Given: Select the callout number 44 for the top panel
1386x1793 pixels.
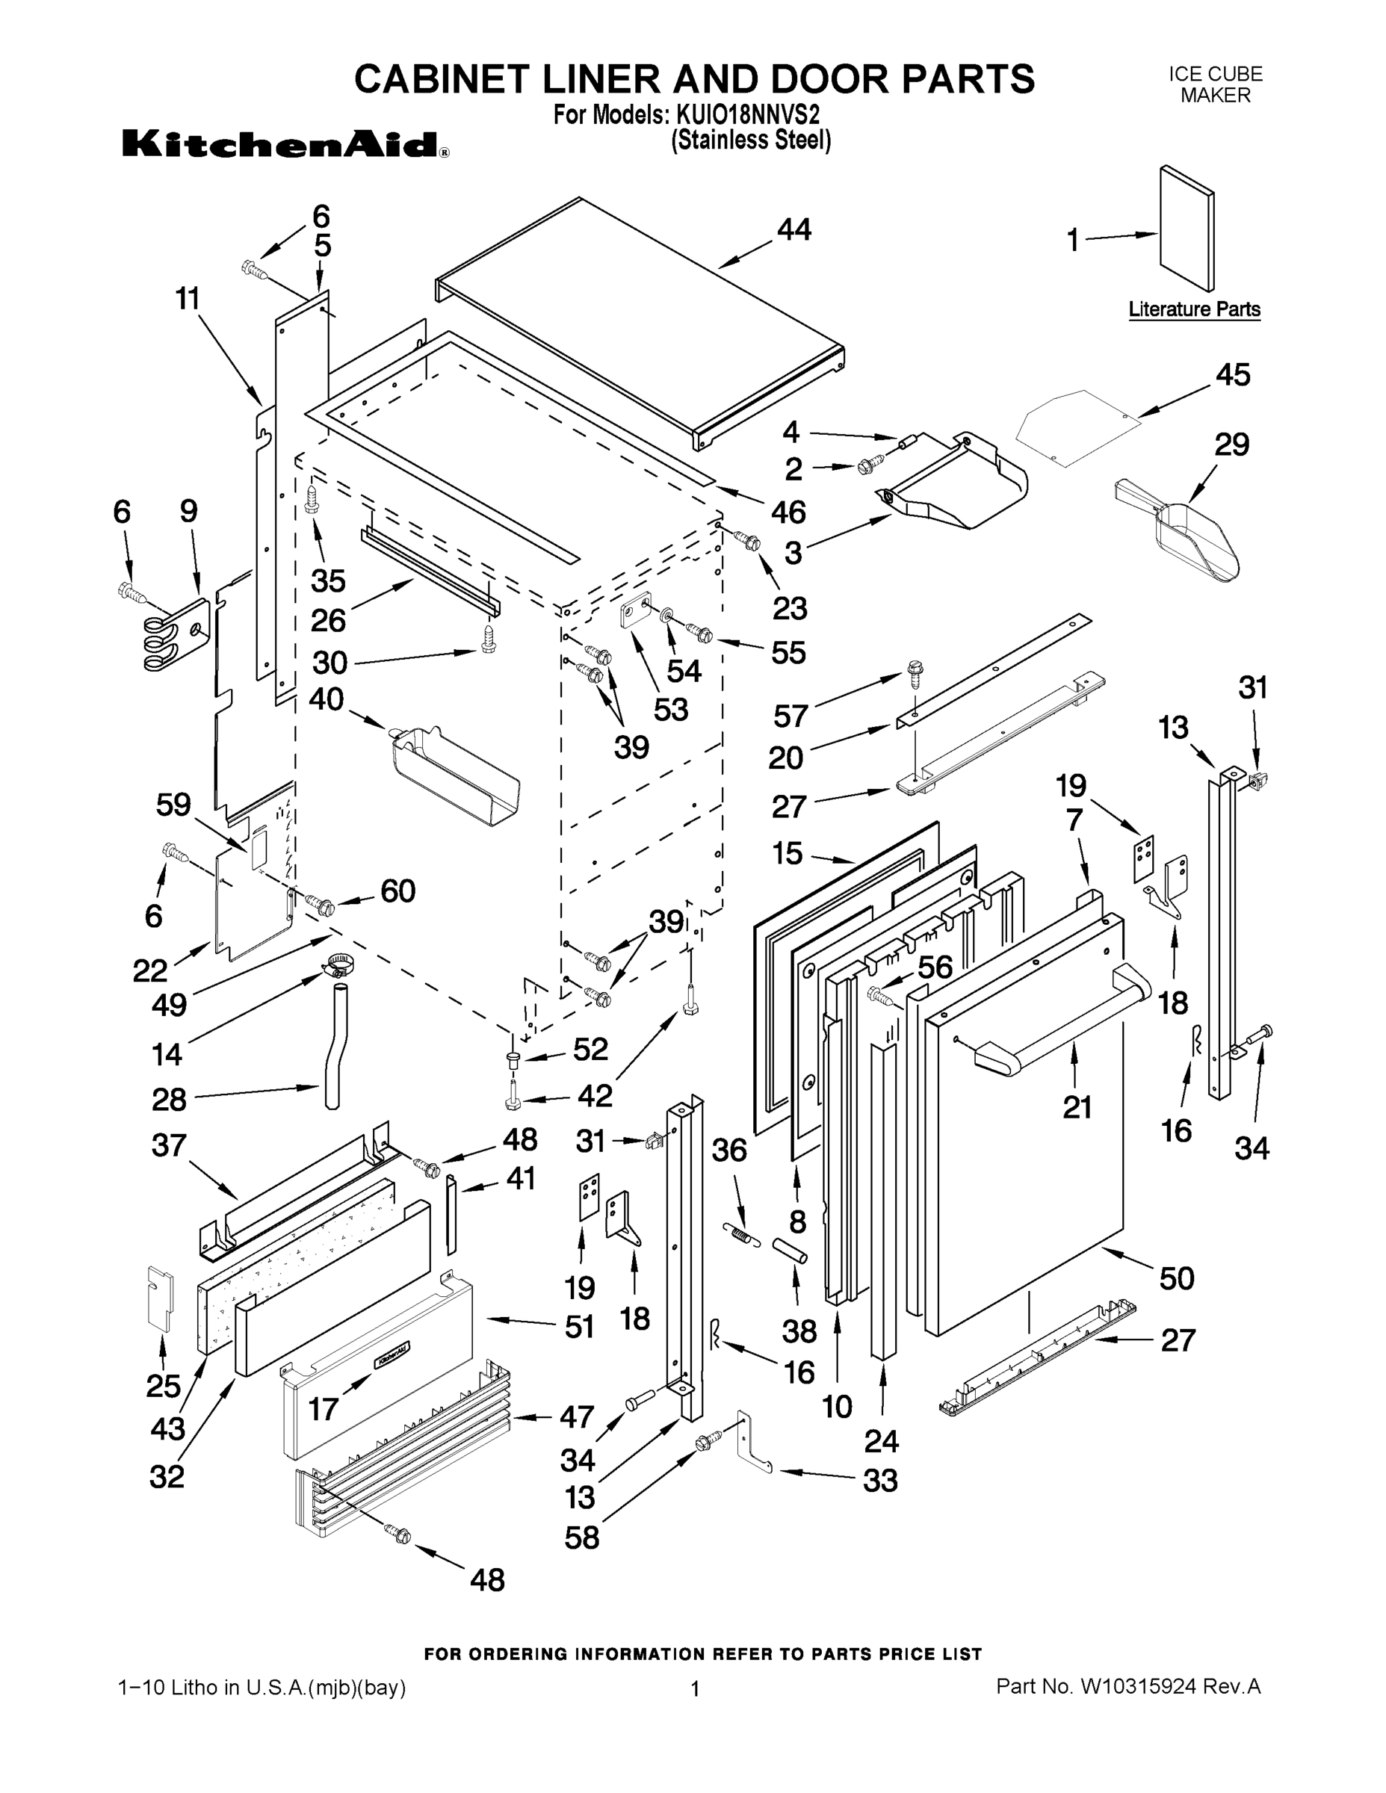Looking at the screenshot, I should tap(794, 230).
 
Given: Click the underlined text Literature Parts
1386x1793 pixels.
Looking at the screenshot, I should tap(1194, 309).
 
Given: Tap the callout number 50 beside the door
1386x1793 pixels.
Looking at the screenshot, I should tap(1176, 1278).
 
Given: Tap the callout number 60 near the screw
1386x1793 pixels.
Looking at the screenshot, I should tap(397, 891).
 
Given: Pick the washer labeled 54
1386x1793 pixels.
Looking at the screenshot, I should tap(666, 615).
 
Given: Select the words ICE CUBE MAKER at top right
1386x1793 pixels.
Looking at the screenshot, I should tap(1215, 84).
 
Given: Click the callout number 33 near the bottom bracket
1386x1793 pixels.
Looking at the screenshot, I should tap(879, 1480).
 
